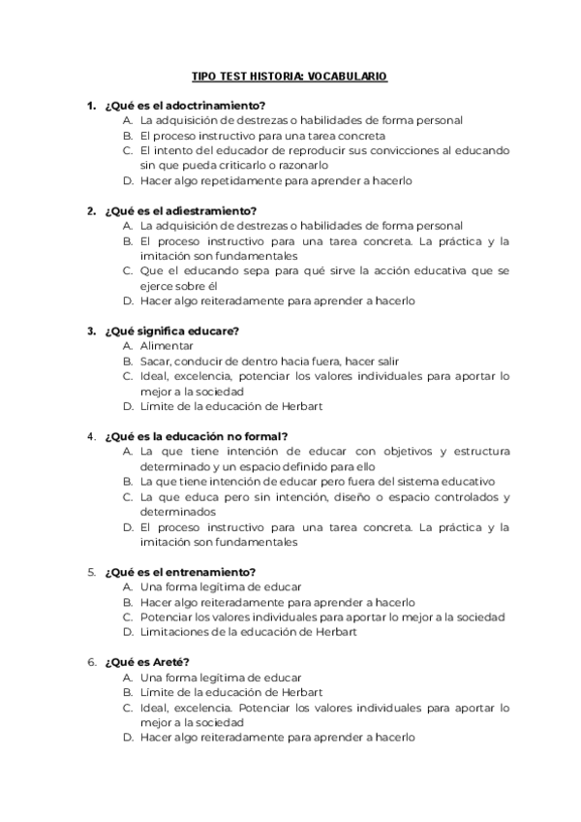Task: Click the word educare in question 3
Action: coord(201,331)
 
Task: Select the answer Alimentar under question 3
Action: coord(167,346)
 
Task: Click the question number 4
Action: coord(91,436)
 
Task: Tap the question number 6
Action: coord(91,662)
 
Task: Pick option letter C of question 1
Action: coord(127,150)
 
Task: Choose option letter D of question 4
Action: coord(127,526)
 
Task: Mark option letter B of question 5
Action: coord(127,602)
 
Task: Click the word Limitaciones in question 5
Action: coord(174,632)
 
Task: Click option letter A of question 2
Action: coord(127,226)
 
